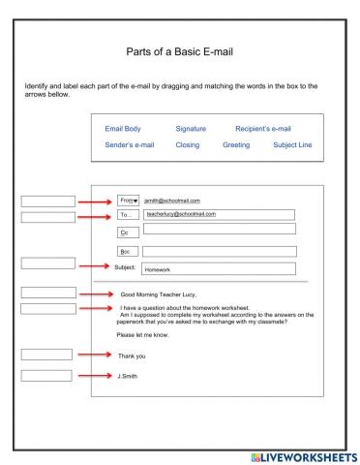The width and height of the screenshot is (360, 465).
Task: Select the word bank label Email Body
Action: [128, 128]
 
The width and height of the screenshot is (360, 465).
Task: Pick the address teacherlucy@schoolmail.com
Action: [180, 214]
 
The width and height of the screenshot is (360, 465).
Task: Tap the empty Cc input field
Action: [220, 230]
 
